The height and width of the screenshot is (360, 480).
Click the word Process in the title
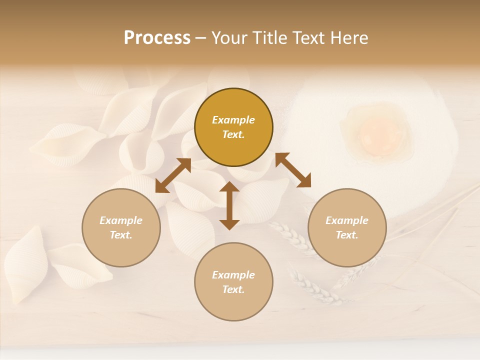point(157,38)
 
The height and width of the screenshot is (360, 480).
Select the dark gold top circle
point(233,127)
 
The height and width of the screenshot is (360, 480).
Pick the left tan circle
point(121,227)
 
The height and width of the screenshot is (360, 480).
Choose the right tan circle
point(347,227)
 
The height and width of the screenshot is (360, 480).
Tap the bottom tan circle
point(233,282)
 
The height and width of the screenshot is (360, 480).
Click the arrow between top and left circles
point(173,175)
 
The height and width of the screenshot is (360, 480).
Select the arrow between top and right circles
point(293,170)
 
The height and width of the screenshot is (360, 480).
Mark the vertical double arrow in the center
point(229,205)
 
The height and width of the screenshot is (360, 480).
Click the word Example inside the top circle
point(233,120)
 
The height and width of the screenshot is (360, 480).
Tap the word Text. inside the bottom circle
point(233,289)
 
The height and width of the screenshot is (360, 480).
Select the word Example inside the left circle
point(121,220)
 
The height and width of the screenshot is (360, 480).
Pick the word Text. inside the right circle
point(347,235)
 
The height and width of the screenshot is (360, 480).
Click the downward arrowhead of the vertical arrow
point(229,223)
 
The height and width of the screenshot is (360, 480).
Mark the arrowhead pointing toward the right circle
point(304,180)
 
